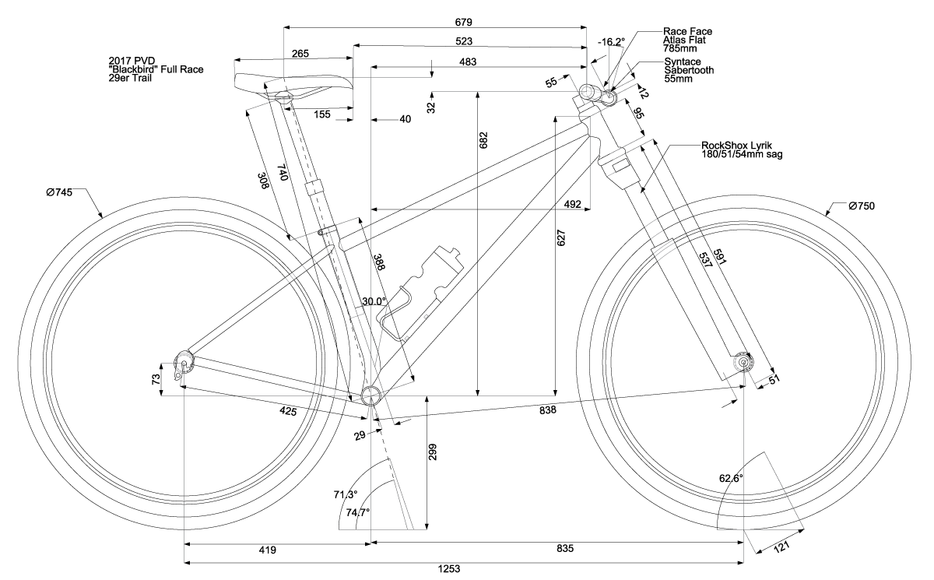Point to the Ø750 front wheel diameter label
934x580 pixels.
[862, 206]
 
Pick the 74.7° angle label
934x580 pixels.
[357, 511]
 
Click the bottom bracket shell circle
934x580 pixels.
[373, 395]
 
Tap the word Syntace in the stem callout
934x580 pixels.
[680, 62]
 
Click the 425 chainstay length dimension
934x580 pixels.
[289, 410]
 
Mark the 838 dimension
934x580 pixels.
[548, 410]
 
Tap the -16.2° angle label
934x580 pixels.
[611, 42]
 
